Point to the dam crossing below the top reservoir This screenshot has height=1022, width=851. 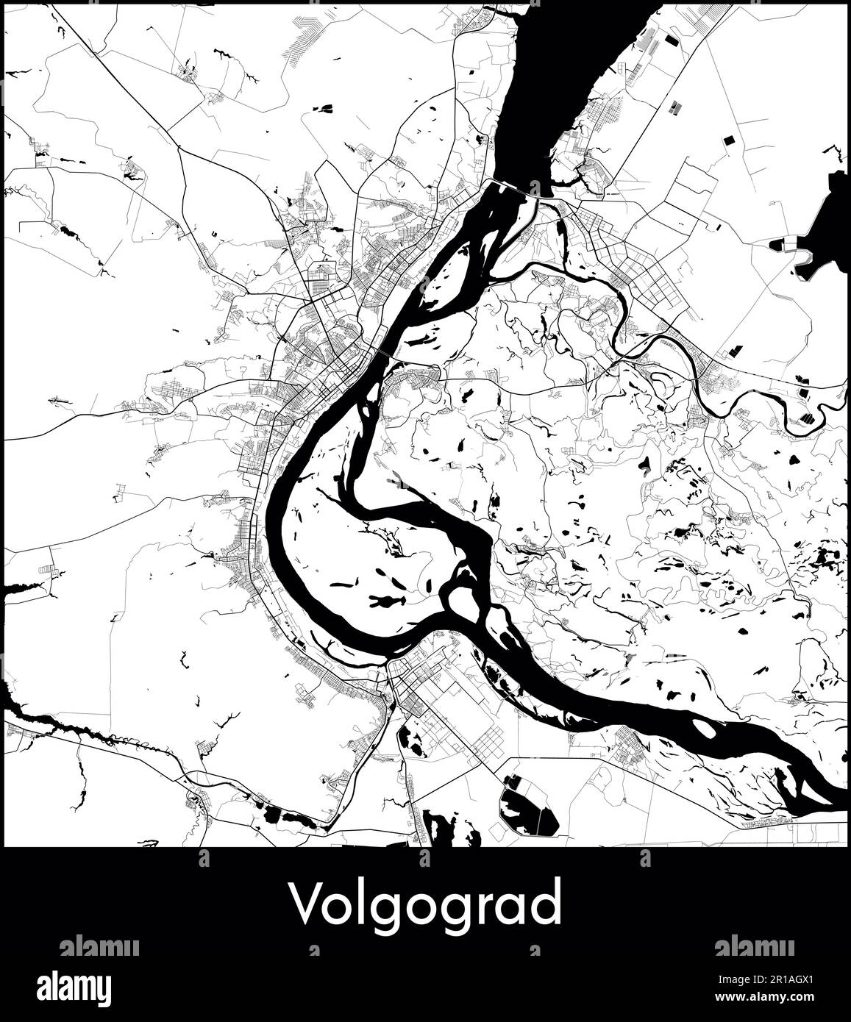[515, 188]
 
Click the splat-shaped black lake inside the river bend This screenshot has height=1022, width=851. [382, 602]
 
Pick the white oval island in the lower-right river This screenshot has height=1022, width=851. [703, 728]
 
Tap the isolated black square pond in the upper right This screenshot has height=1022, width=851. [730, 139]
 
